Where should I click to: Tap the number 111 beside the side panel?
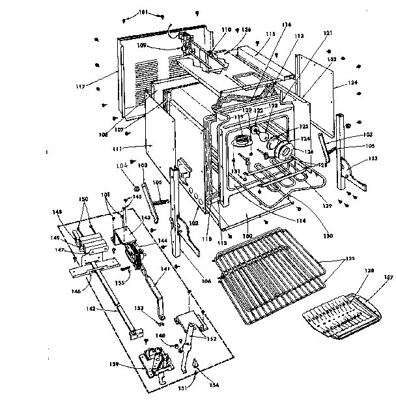(137, 149)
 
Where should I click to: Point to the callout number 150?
(83, 200)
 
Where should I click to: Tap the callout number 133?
(372, 158)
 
